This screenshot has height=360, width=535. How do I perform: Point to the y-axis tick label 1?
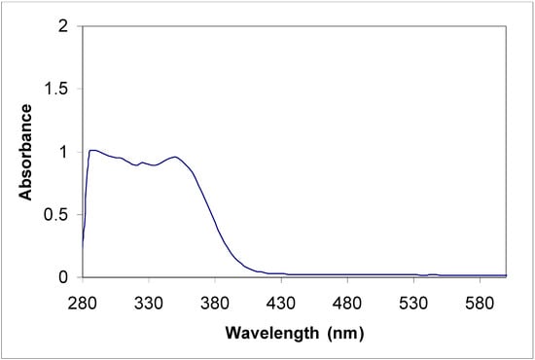pyautogui.click(x=65, y=152)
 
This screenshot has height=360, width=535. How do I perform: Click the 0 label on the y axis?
pyautogui.click(x=65, y=277)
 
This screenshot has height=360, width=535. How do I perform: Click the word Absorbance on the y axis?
pyautogui.click(x=25, y=152)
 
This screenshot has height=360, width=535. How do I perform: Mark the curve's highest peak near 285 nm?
pyautogui.click(x=92, y=150)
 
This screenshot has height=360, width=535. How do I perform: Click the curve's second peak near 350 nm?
pyautogui.click(x=175, y=157)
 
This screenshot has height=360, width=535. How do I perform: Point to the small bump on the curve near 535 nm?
pyautogui.click(x=431, y=274)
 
